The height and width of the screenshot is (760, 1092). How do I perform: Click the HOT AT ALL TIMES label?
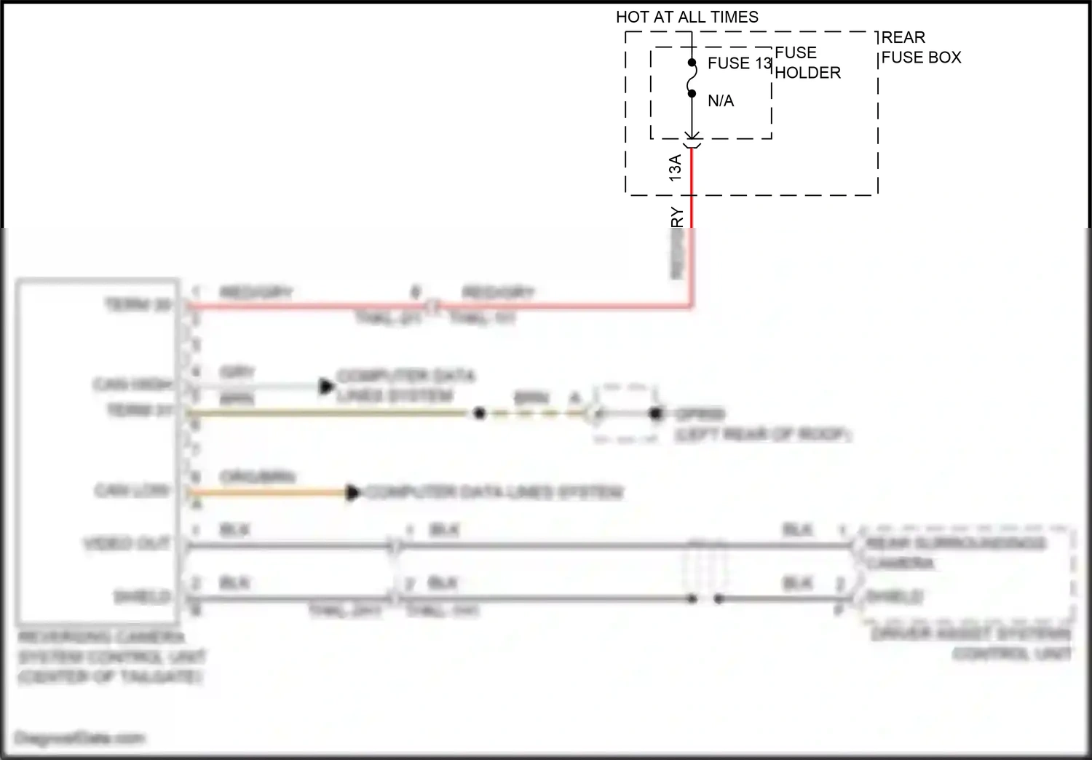click(x=687, y=17)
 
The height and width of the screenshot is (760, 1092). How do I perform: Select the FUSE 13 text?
click(x=739, y=63)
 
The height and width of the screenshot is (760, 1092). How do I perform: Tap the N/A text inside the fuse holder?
click(x=721, y=101)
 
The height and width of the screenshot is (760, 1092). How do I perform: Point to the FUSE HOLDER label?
click(x=807, y=63)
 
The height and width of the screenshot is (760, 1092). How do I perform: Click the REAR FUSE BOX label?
click(x=921, y=47)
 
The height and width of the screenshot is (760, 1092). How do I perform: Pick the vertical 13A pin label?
click(x=675, y=168)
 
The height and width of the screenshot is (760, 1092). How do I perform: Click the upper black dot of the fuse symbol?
click(x=692, y=63)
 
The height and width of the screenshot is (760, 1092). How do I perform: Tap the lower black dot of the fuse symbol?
click(x=692, y=93)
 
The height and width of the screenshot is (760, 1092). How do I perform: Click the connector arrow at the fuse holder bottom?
click(x=692, y=136)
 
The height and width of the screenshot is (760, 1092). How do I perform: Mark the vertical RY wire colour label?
click(x=677, y=218)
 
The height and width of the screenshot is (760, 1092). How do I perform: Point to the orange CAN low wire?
click(x=269, y=493)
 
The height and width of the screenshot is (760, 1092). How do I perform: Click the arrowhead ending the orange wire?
click(x=353, y=493)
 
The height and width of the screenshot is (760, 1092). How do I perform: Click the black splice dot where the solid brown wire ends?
click(x=479, y=413)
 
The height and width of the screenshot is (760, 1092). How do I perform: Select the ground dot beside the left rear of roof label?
click(x=656, y=413)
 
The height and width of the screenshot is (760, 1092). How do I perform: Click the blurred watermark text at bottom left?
click(x=80, y=738)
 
